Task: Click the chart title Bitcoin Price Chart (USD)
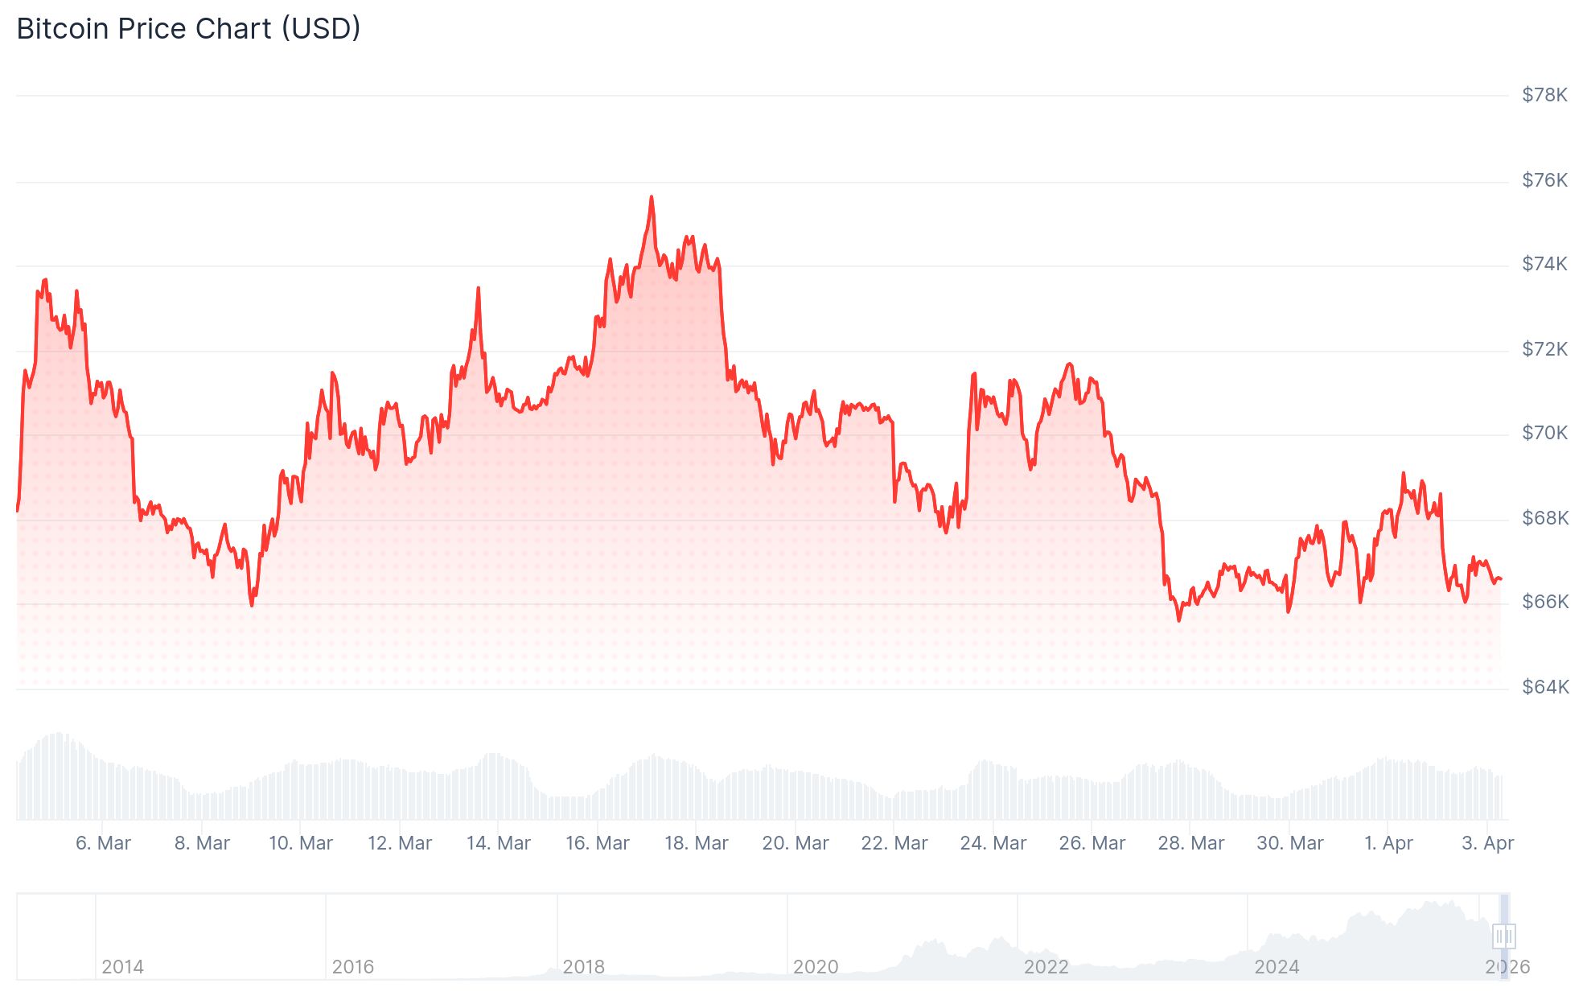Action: point(188,29)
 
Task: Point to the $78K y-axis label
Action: point(1544,95)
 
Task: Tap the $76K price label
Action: point(1544,179)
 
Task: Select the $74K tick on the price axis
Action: point(1544,264)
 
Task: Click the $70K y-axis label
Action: point(1544,433)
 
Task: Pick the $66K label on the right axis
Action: point(1544,602)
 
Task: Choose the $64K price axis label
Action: point(1544,686)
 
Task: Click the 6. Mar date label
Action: point(103,843)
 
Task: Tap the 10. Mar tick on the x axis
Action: point(300,843)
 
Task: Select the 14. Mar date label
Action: point(498,843)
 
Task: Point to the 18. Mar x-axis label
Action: point(696,843)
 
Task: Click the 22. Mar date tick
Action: point(894,843)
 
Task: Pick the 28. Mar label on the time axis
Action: point(1190,843)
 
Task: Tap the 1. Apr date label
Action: point(1388,843)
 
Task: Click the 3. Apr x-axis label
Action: point(1487,843)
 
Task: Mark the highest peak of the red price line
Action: point(652,196)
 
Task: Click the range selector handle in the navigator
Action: point(1503,936)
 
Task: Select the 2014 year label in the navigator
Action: point(122,967)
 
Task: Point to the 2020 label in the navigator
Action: point(815,967)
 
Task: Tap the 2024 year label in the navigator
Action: point(1277,967)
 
